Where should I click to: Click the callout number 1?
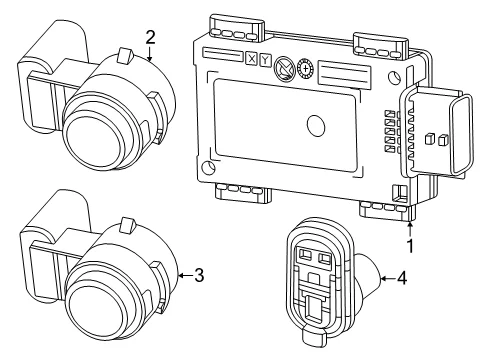(411, 246)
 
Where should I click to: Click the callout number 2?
(150, 37)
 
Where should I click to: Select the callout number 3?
(199, 275)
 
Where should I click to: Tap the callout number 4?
(402, 278)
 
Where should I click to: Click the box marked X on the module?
(251, 59)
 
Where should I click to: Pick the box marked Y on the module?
(265, 60)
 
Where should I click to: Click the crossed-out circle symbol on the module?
(284, 67)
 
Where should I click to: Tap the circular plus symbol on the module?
(305, 69)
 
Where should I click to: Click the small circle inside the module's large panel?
(315, 126)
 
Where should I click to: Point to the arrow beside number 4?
(387, 278)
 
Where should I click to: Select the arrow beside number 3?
(185, 275)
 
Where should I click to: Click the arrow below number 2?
(150, 54)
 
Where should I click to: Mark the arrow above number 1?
(411, 229)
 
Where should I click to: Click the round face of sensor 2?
(93, 138)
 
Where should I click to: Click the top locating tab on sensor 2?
(125, 55)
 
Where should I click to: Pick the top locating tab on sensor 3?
(127, 225)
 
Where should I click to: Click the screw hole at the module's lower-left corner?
(209, 168)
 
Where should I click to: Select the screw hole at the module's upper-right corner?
(395, 78)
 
